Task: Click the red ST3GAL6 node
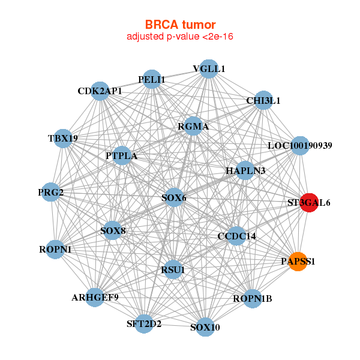pos(309,202)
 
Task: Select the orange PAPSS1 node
pos(298,261)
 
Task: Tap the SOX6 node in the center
pos(173,197)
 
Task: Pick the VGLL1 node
pos(209,69)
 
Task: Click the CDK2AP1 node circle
pos(100,91)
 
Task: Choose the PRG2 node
pos(52,192)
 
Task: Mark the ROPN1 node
pos(55,248)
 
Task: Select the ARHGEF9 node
pos(95,297)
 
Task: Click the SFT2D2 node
pos(144,324)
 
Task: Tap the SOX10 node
pos(205,327)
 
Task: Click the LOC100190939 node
pos(299,146)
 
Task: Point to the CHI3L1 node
pos(263,101)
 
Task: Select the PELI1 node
pos(152,79)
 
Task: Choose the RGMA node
pos(193,127)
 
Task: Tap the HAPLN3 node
pos(245,171)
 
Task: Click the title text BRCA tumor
pos(180,25)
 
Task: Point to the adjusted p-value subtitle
pos(180,37)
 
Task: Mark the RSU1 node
pos(173,269)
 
